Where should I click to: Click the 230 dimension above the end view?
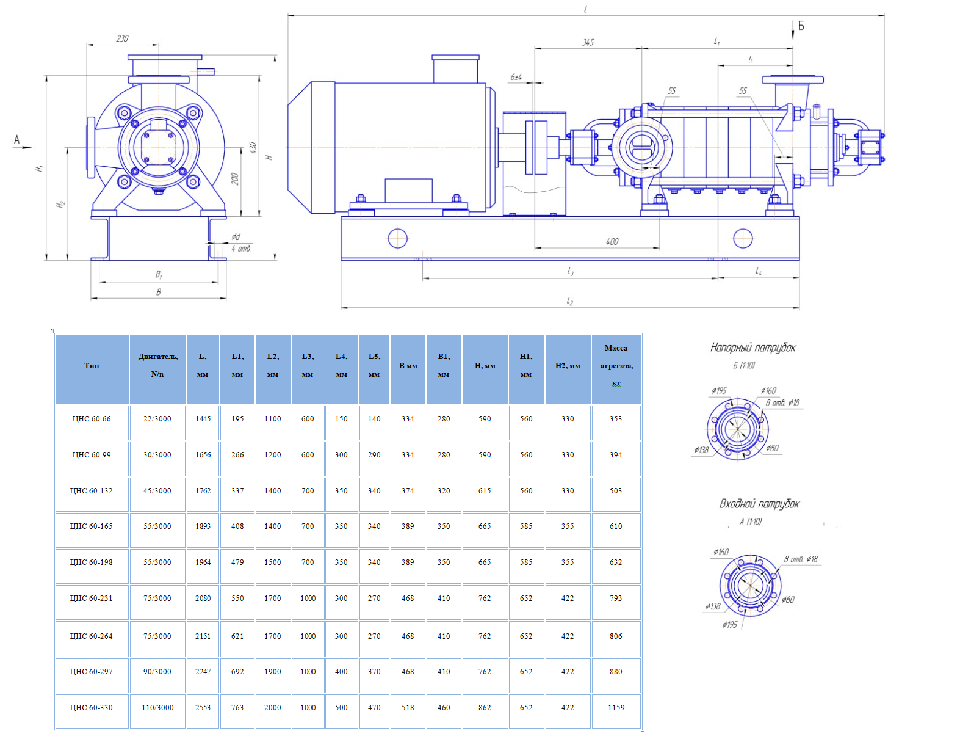pos(122,38)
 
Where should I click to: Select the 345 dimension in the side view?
pos(588,42)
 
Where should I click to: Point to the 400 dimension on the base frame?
pos(612,242)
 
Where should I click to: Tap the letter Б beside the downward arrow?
pos(801,26)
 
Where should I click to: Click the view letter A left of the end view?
pos(17,140)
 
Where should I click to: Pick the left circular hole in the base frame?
pos(397,238)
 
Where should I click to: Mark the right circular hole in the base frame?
pos(743,238)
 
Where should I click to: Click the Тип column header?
pos(92,366)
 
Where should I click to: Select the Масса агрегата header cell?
pos(616,366)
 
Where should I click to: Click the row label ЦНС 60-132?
pos(92,491)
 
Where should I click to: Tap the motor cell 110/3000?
pos(157,708)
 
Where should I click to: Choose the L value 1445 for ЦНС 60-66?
pos(203,419)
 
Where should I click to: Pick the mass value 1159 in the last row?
pos(616,708)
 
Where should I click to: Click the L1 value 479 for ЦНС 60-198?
pos(237,562)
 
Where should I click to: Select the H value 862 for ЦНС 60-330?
pos(485,708)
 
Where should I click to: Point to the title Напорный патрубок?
pos(752,347)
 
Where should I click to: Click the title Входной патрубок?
pos(759,504)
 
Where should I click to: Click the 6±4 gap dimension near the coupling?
pos(516,77)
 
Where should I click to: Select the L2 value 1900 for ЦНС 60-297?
pos(273,672)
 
